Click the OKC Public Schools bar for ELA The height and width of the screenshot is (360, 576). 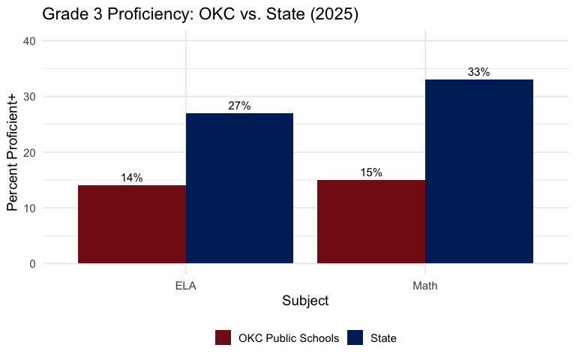[x=132, y=224]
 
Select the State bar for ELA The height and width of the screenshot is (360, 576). [x=239, y=188]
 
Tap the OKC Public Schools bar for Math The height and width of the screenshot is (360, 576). [x=371, y=222]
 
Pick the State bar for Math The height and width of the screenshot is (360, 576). [x=479, y=172]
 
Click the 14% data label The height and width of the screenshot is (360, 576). [x=132, y=178]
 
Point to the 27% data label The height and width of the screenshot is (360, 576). [x=239, y=106]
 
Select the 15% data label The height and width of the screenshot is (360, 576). [x=371, y=172]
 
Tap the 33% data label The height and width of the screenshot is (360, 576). [x=479, y=72]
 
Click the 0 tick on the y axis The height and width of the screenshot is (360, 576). [x=32, y=264]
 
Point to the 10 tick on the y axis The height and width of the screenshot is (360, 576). [x=29, y=208]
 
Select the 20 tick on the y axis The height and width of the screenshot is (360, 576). [x=29, y=152]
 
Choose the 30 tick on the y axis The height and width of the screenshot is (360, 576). [x=29, y=97]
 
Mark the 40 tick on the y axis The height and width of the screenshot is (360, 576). [x=29, y=41]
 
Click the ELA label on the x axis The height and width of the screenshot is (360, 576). [x=186, y=286]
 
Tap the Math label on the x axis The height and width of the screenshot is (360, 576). [x=425, y=286]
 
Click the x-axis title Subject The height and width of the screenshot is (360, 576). [x=305, y=301]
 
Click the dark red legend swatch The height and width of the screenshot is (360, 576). [x=223, y=338]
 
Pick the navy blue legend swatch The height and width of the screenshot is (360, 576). [x=355, y=338]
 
